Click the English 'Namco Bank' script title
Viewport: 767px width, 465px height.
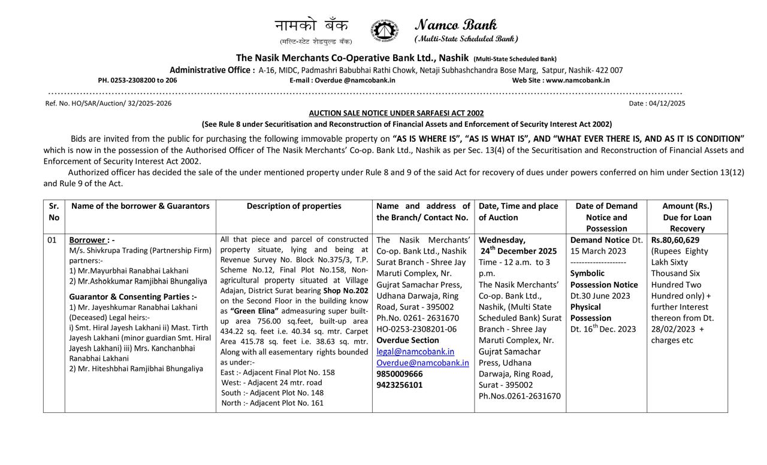455,25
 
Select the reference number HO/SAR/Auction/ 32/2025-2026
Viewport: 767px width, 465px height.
108,104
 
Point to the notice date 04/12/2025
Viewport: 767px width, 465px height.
657,104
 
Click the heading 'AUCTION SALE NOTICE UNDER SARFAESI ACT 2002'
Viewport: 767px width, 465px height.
396,113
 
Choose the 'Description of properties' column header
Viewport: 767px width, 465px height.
294,206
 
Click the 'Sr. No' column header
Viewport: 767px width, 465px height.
54,212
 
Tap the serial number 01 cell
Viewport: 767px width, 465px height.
52,240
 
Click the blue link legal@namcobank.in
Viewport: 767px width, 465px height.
415,351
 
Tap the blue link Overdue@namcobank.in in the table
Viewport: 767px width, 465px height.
422,363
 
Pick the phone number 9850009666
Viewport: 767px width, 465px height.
400,374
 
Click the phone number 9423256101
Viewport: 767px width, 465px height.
400,385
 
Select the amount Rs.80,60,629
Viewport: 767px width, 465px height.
675,240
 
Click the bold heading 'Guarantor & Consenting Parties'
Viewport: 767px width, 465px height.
133,297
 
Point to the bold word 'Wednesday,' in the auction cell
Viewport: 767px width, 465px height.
502,240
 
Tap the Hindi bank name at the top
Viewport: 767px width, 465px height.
312,26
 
